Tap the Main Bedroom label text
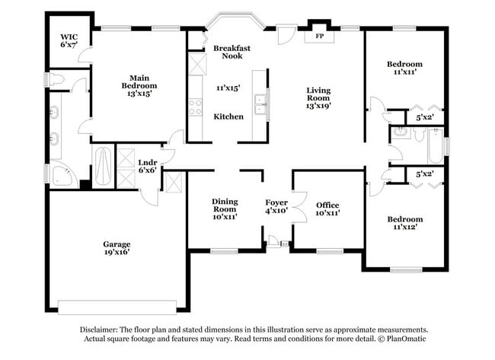pos(138,81)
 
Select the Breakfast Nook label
pos(232,52)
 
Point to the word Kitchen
pos(228,116)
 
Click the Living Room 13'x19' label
pos(318,98)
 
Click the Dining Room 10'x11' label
pos(224,209)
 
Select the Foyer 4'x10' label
pos(276,206)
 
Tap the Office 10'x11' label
pos(327,209)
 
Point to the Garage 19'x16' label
pos(117,248)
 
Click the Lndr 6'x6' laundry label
pos(148,166)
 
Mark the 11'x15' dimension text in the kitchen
pos(228,88)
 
